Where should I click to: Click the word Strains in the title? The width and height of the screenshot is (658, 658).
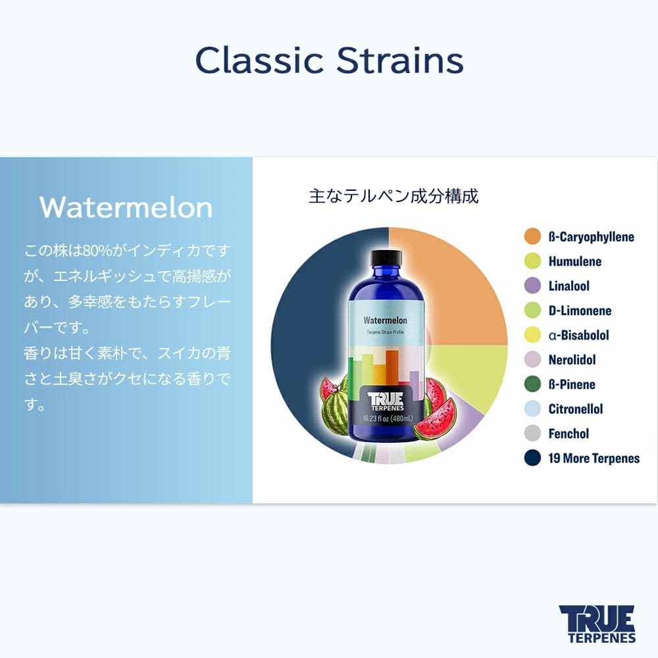(x=400, y=61)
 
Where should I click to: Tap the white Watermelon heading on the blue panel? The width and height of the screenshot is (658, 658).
(x=126, y=207)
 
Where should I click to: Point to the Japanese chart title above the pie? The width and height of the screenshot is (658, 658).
(x=393, y=196)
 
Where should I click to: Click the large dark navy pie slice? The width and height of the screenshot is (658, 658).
(x=309, y=342)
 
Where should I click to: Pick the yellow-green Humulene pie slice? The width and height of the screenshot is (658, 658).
(x=470, y=375)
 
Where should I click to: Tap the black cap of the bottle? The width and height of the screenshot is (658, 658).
(x=386, y=257)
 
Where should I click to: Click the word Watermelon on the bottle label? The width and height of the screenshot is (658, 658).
(x=386, y=320)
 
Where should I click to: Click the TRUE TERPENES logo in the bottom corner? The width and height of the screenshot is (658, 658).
(x=597, y=623)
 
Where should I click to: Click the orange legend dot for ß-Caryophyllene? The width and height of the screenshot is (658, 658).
(x=532, y=237)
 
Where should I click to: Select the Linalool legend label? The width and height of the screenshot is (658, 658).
(x=569, y=286)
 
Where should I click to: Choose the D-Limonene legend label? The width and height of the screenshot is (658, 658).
(x=580, y=311)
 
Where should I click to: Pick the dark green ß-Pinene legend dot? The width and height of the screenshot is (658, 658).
(x=532, y=384)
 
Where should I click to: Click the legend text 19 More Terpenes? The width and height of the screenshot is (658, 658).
(x=594, y=459)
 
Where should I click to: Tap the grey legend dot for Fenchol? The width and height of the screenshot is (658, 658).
(x=532, y=434)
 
